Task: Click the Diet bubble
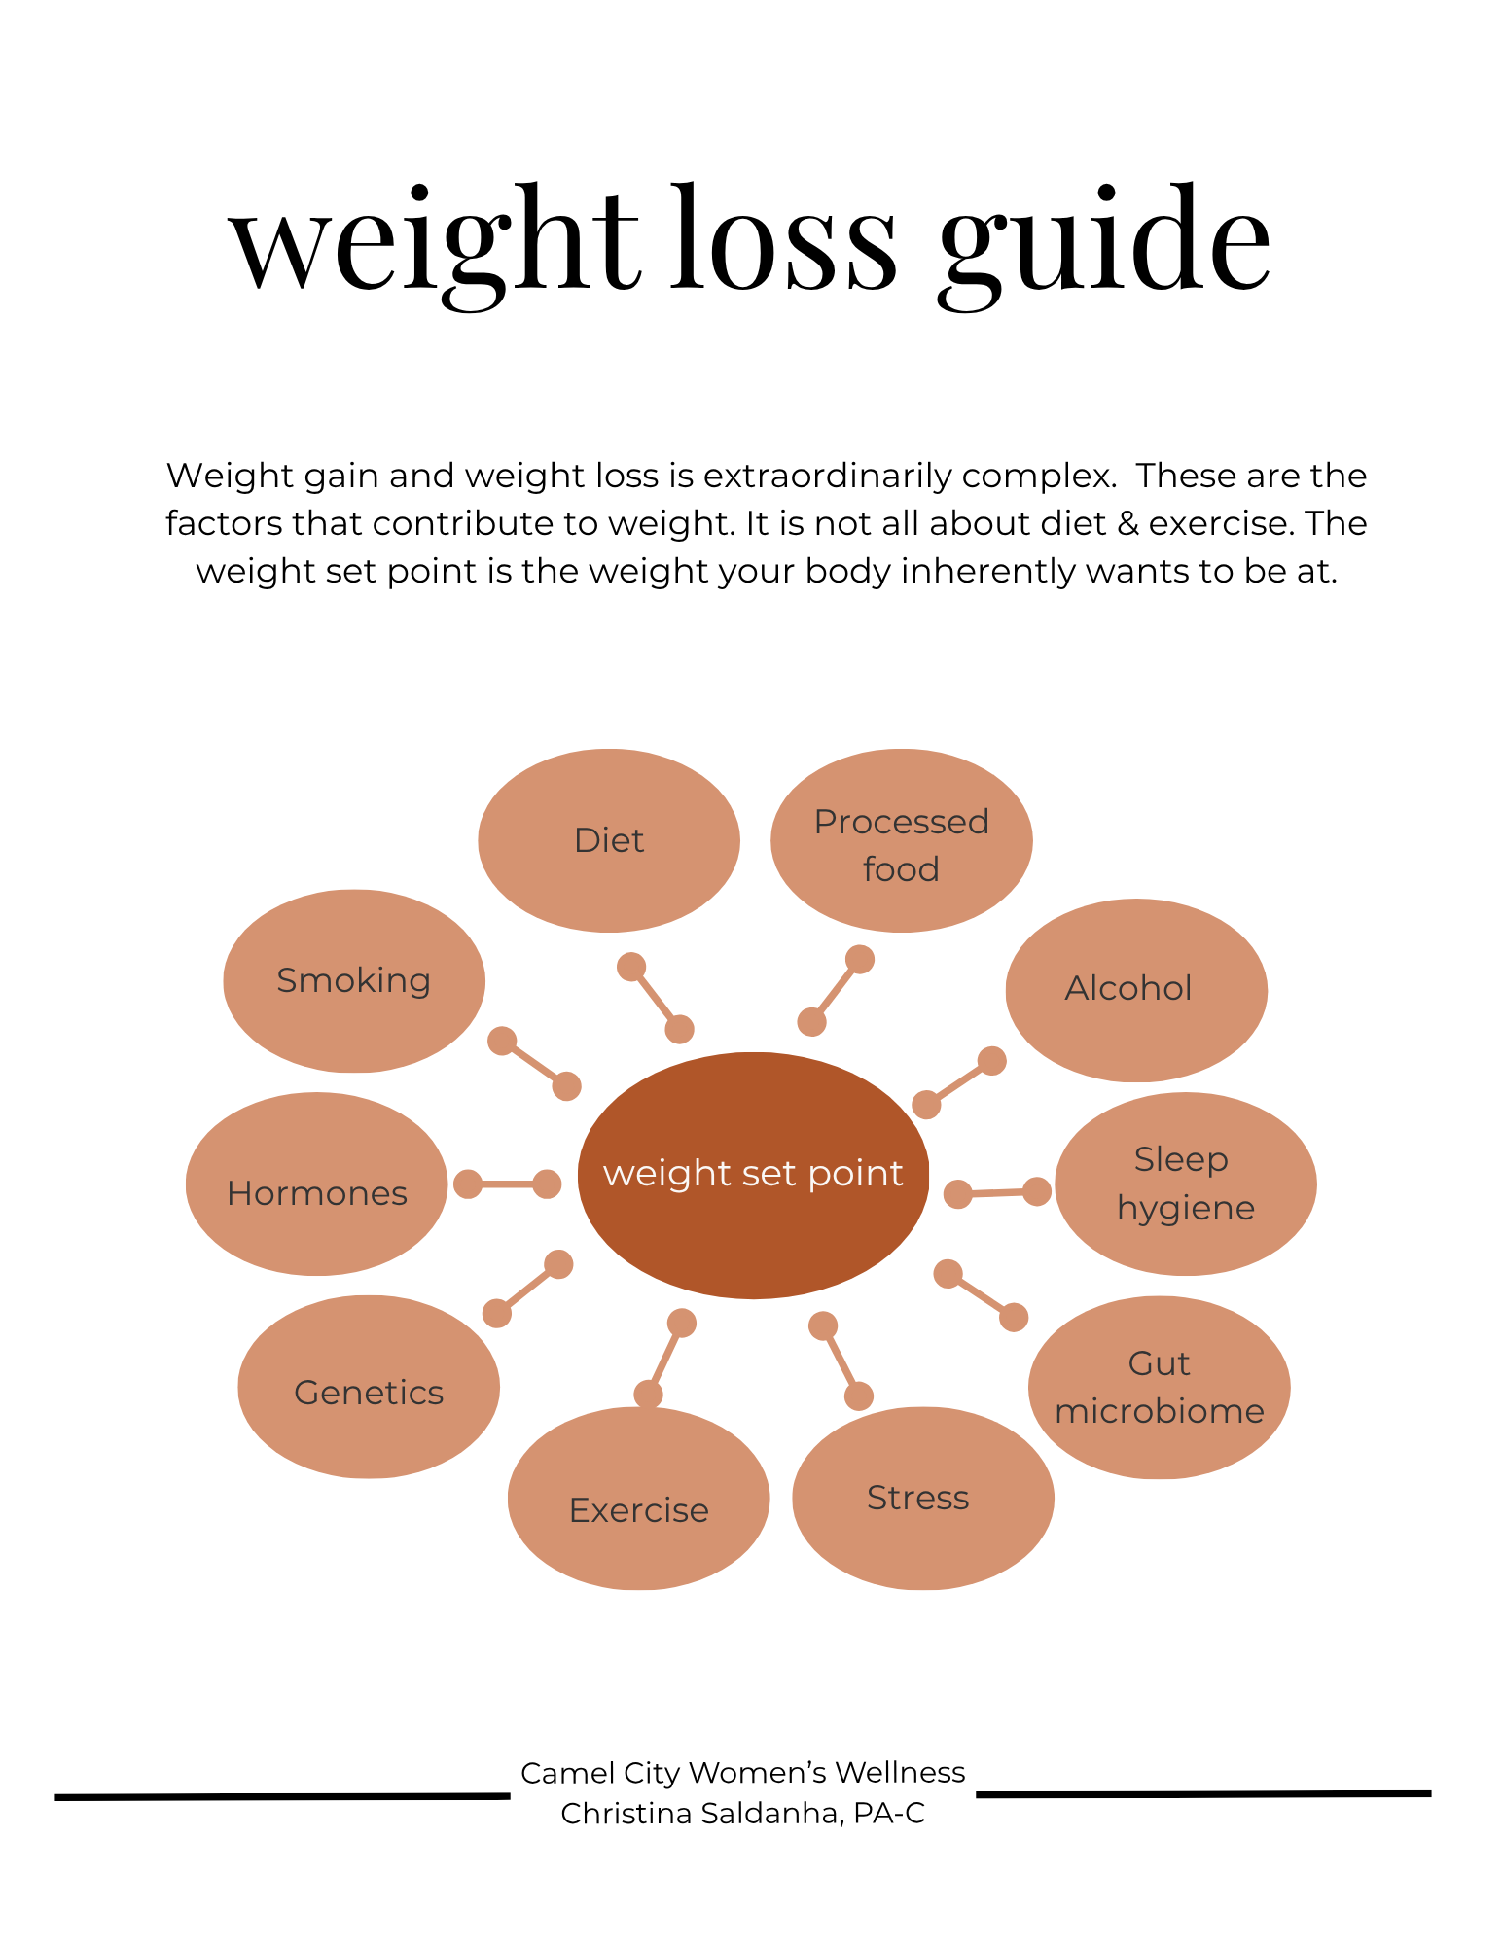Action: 609,840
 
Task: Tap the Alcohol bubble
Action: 1135,990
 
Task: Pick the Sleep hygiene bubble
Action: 1185,1184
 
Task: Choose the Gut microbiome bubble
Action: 1159,1387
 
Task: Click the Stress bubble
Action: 922,1498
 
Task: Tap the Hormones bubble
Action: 317,1184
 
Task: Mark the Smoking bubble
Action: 354,980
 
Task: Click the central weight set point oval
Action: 753,1175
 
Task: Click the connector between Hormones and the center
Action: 507,1184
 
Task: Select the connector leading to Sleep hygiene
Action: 997,1192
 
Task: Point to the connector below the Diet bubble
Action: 655,997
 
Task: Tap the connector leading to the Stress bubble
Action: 841,1361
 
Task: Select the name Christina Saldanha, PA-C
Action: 742,1814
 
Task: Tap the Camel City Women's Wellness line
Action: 742,1773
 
